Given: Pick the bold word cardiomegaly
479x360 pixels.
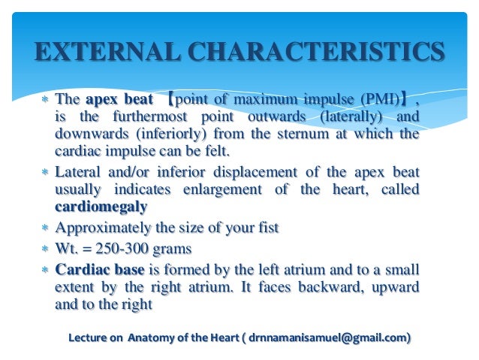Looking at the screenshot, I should click(101, 207).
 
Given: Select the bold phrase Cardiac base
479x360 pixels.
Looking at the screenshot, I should click(99, 269).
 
